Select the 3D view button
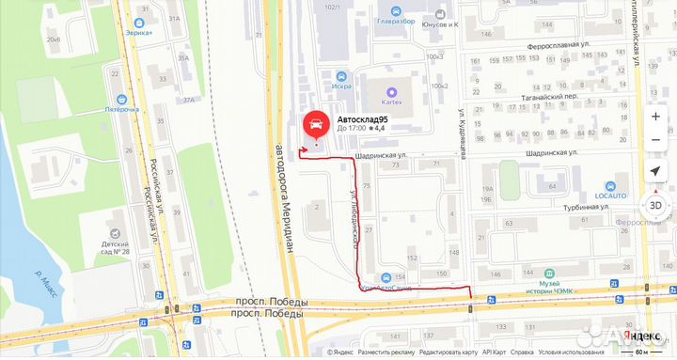[654, 206]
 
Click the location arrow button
[654, 171]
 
